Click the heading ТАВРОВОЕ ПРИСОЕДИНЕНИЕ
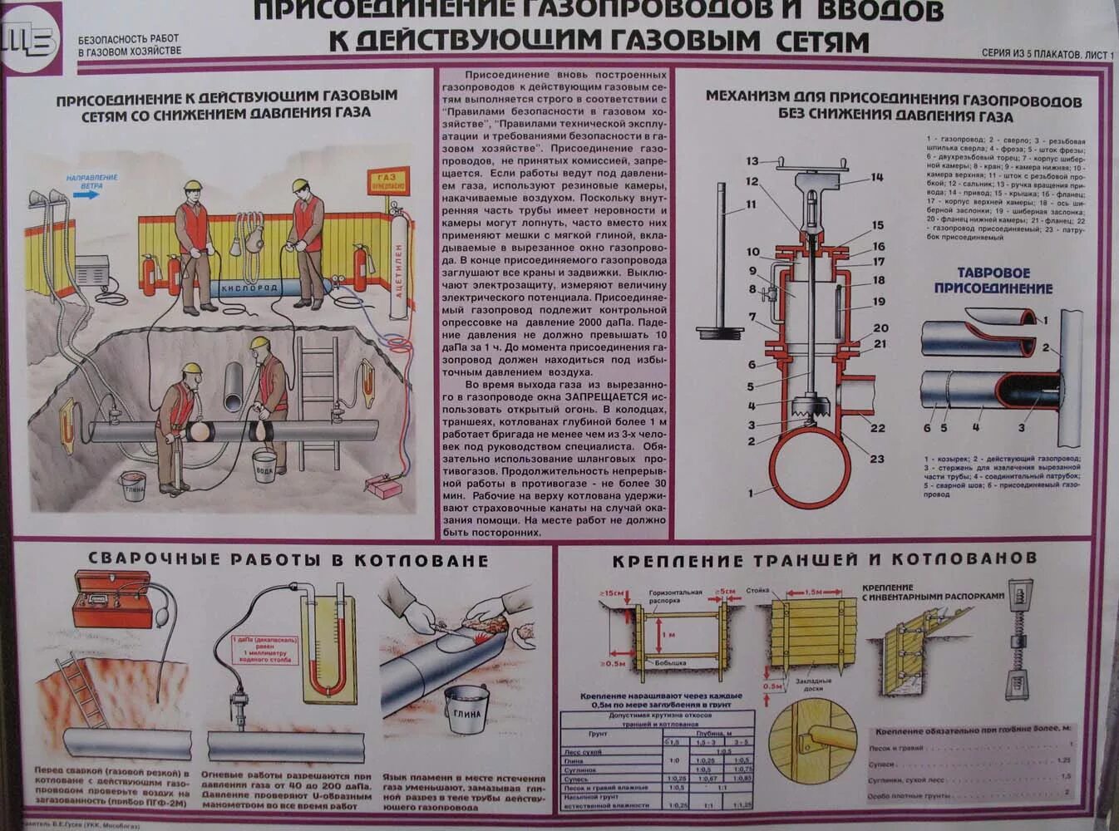[993, 280]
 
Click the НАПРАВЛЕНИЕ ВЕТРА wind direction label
[91, 181]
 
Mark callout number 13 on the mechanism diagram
[752, 161]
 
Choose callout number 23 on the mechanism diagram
[877, 459]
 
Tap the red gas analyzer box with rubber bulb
[108, 599]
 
